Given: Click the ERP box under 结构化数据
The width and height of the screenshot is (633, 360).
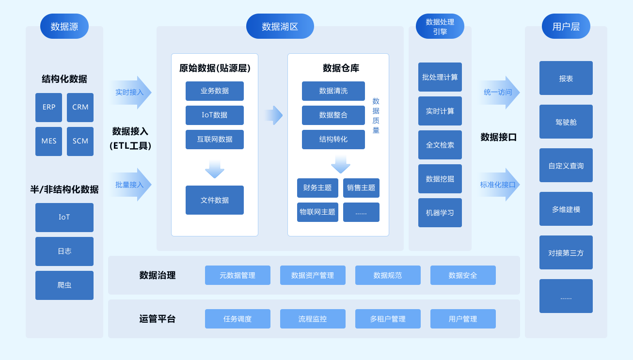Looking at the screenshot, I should click(48, 107).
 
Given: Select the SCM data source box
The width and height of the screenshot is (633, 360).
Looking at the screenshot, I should click(80, 141).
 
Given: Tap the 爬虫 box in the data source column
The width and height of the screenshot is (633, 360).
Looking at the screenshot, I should click(64, 285).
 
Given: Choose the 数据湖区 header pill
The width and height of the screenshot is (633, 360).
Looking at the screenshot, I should click(280, 26).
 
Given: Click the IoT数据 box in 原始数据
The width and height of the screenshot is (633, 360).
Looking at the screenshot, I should click(214, 115).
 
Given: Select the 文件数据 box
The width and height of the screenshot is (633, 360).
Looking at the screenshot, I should click(214, 200).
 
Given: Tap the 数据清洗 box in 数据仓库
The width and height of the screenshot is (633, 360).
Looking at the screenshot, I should click(333, 91).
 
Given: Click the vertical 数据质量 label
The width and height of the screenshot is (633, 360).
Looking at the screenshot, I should click(376, 115).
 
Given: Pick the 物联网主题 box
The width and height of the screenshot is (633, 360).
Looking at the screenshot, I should click(317, 212).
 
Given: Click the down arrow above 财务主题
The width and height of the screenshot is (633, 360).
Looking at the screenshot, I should click(340, 164).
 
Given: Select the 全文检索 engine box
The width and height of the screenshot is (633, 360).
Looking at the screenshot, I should click(440, 144).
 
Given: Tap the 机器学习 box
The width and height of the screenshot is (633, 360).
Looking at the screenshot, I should click(440, 212).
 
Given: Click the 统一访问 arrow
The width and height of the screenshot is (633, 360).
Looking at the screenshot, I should click(499, 92).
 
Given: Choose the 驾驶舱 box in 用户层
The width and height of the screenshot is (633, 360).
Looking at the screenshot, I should click(566, 122).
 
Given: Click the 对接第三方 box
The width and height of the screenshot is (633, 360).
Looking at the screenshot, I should click(566, 252).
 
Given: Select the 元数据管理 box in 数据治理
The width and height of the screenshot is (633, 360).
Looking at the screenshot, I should click(237, 275).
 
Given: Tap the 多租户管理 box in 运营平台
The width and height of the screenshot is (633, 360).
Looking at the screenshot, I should click(388, 318).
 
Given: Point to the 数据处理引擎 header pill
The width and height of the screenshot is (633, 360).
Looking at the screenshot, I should click(440, 26).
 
